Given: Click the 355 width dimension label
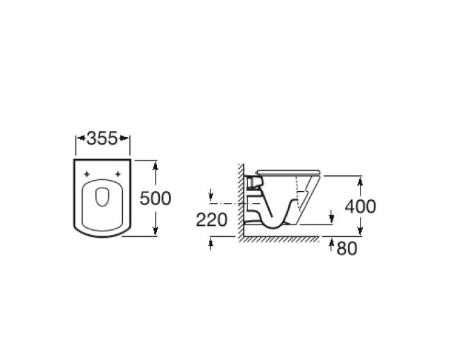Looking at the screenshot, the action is [x=102, y=138].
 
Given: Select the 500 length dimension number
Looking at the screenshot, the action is [x=156, y=198].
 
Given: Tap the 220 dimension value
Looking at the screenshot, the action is [x=211, y=220].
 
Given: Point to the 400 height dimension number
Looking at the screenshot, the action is [x=360, y=206].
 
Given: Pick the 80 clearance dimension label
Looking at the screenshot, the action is [x=347, y=249].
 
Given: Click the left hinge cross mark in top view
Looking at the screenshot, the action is [x=87, y=174].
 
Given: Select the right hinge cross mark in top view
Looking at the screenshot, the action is [x=118, y=174].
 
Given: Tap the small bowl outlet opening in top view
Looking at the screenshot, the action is [x=102, y=197].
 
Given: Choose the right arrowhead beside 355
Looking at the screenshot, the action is [x=124, y=138].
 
